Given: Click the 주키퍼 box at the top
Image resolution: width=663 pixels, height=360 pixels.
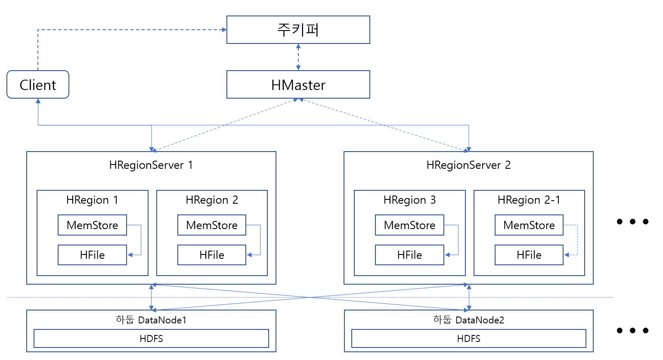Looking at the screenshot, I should [298, 30].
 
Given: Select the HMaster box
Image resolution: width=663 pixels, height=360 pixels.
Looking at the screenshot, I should [298, 85].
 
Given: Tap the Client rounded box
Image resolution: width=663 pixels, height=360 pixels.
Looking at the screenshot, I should [38, 85].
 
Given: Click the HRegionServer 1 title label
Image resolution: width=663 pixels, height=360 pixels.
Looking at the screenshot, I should [151, 165].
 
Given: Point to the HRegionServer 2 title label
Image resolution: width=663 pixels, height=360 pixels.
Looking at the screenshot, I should [468, 165].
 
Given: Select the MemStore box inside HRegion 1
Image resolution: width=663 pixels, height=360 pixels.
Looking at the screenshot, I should [92, 225].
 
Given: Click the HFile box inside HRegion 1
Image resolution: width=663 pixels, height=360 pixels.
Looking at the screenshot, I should [92, 255].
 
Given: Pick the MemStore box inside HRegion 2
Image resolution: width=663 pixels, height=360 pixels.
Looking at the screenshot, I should [211, 225].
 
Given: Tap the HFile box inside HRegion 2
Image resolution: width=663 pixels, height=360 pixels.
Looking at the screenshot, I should [211, 255].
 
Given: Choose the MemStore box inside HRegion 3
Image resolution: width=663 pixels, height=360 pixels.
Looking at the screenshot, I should [409, 225].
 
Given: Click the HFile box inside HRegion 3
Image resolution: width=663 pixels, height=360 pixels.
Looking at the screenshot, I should [409, 255].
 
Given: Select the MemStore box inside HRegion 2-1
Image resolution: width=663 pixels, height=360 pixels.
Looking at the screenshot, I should [529, 225].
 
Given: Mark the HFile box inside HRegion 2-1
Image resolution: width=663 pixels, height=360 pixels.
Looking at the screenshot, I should [529, 255].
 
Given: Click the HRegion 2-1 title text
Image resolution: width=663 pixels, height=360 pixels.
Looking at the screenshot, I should [529, 200].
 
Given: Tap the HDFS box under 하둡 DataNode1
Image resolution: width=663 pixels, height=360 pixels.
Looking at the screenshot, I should [151, 338].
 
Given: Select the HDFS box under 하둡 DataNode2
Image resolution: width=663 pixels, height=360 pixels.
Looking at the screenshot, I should [468, 338].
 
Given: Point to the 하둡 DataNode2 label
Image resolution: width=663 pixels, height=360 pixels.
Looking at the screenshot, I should [468, 320].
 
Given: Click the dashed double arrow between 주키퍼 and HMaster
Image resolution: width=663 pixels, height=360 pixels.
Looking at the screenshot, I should [298, 57].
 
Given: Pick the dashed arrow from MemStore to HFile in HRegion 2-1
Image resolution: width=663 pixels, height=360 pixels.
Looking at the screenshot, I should [577, 240].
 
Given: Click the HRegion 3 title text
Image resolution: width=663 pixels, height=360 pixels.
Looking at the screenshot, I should [409, 200].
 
